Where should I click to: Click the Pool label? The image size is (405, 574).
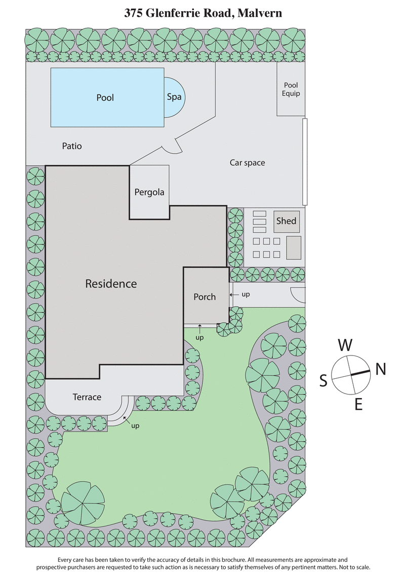tap(105, 97)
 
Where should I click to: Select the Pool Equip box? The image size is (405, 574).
tap(291, 90)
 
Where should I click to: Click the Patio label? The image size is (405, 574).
tap(72, 146)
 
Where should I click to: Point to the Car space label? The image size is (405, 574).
tap(247, 163)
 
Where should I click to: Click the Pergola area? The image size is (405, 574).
tap(149, 193)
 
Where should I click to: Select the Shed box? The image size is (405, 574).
tap(287, 222)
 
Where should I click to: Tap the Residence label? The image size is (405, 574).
tap(111, 283)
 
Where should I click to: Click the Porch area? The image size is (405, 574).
tap(205, 297)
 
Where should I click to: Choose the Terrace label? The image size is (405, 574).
tap(87, 397)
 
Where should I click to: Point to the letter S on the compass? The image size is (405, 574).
tap(323, 381)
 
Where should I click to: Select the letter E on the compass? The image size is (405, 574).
tap(358, 404)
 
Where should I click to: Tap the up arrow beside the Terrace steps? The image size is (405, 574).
tap(126, 420)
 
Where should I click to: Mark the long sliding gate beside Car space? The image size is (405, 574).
tap(305, 161)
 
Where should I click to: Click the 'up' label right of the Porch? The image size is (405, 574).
tap(245, 294)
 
